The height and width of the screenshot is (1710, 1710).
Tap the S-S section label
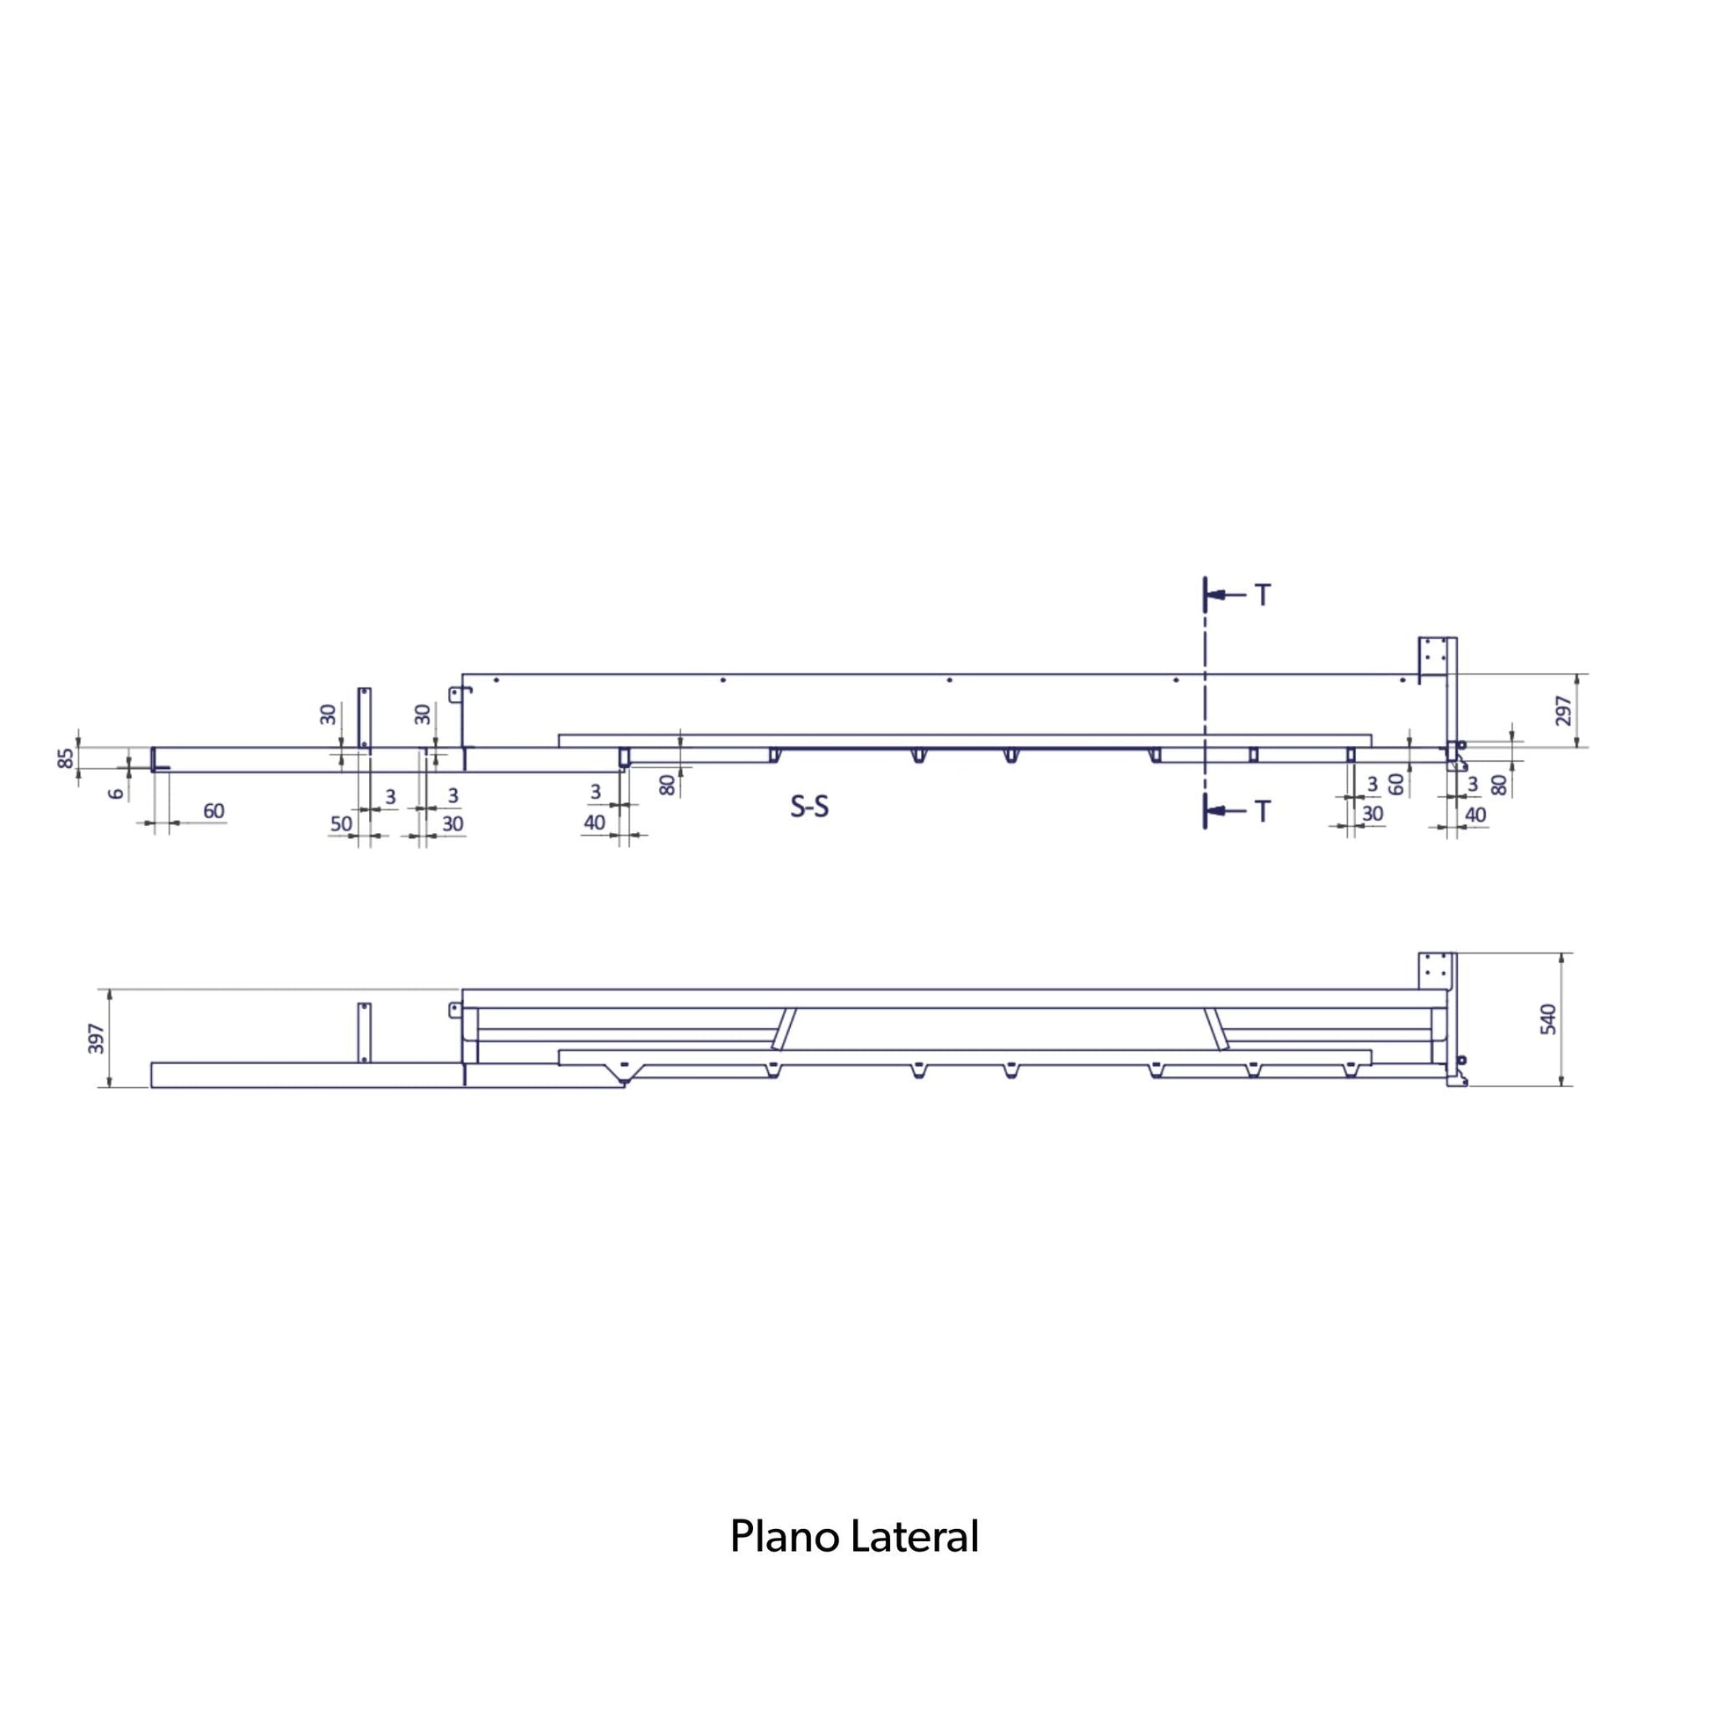click(809, 807)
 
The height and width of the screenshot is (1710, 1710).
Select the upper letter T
click(1262, 596)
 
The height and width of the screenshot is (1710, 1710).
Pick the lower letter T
click(1262, 811)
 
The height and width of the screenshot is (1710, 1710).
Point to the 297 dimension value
click(1563, 710)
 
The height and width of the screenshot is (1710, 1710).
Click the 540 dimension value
click(1548, 1019)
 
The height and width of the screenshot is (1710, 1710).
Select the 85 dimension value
click(66, 758)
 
